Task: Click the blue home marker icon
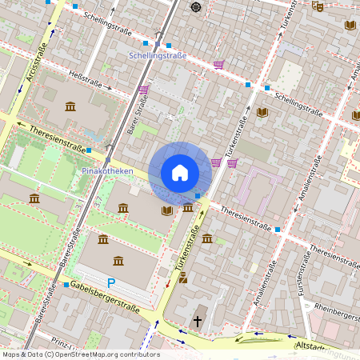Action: point(180,173)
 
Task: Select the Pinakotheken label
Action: point(106,171)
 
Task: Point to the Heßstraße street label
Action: point(86,81)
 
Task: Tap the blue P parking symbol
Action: point(111,283)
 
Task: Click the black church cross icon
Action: point(198,322)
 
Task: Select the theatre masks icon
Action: point(318,6)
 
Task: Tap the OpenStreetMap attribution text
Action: point(80,354)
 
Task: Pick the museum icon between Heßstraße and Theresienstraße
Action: point(70,106)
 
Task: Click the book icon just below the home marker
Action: point(166,210)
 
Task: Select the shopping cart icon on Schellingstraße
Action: point(218,65)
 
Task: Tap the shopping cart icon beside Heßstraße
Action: point(143,90)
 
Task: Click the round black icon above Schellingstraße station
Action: point(196,7)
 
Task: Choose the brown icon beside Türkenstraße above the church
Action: point(183,278)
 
